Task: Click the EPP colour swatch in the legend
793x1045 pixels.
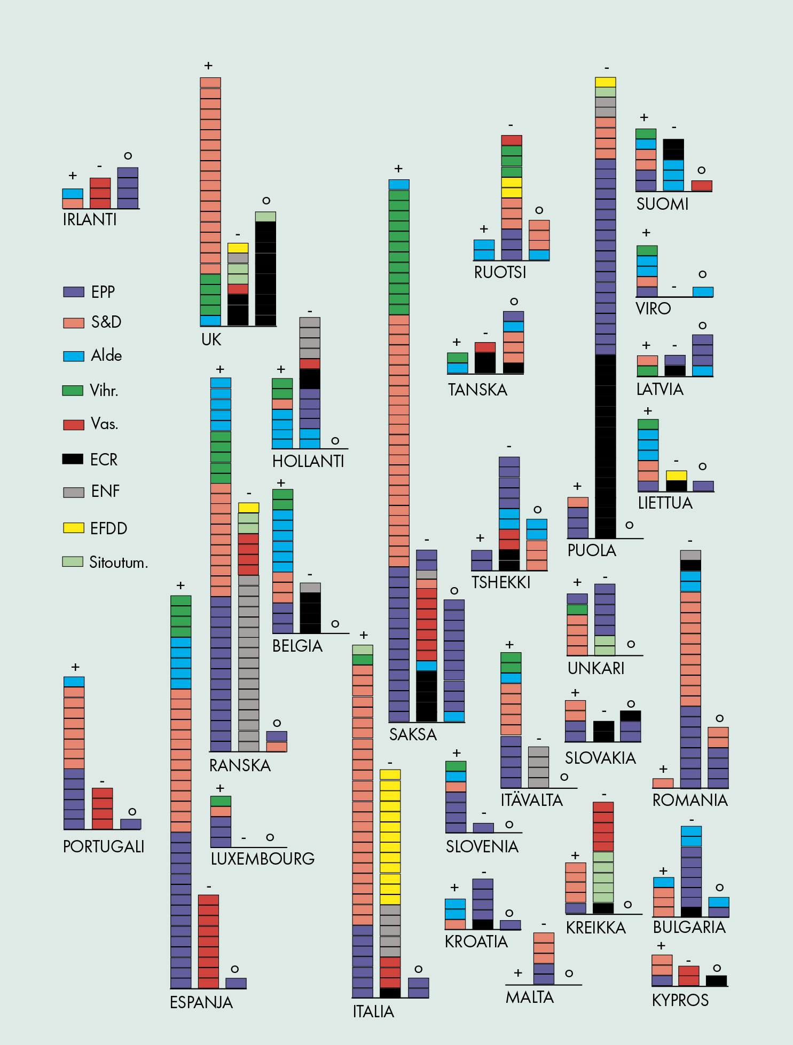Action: tap(74, 292)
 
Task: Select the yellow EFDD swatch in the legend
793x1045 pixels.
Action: tap(74, 528)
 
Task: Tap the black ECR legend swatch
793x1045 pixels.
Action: tap(73, 459)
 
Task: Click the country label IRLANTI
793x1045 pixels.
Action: tap(90, 219)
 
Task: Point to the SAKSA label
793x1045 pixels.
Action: tap(413, 734)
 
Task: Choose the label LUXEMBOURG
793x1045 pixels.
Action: tap(263, 859)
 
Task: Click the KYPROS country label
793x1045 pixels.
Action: tap(680, 1000)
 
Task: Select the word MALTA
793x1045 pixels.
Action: tap(530, 997)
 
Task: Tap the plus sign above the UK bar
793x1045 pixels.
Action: tap(208, 66)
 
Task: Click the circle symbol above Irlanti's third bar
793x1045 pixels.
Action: tap(128, 156)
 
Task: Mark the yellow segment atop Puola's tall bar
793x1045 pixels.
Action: tap(606, 82)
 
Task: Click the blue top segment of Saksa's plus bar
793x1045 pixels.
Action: tap(399, 185)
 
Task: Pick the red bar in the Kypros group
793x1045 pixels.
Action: tap(689, 976)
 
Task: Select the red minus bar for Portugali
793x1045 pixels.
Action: tap(103, 808)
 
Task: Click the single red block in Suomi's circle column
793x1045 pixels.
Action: tap(702, 186)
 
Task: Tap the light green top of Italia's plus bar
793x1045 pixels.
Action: tap(363, 650)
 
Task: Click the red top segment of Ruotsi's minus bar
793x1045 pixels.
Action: tap(512, 140)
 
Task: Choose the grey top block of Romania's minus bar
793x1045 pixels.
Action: tap(690, 555)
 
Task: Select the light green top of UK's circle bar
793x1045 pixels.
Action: tap(265, 217)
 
